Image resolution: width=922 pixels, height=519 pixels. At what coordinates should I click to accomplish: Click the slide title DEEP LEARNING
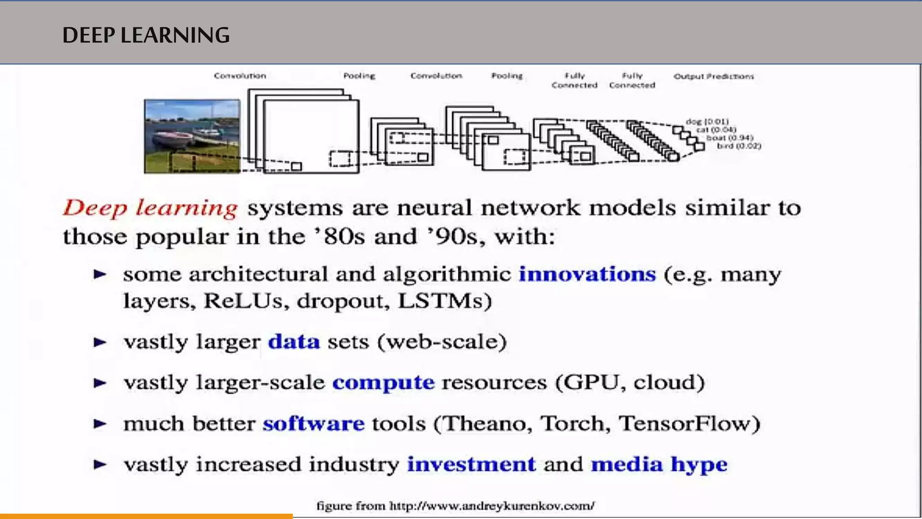point(146,35)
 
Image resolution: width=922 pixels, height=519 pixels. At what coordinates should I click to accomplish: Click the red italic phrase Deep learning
point(150,208)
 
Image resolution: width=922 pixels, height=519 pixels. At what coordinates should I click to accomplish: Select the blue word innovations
point(587,274)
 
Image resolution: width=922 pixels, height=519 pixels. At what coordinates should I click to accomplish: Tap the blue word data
point(294,341)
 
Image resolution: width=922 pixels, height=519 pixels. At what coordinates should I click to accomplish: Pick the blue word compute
point(384,382)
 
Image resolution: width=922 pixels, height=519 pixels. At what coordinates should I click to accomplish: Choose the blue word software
point(313,423)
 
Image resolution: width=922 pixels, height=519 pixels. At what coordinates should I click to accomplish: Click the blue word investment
point(471,464)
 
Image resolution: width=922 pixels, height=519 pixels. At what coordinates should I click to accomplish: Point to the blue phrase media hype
point(659,464)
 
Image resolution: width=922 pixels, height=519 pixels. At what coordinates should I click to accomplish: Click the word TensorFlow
point(685,423)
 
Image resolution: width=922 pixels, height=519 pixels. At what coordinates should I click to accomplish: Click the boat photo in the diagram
point(192,136)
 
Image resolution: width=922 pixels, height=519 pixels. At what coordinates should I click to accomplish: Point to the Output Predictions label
point(714,76)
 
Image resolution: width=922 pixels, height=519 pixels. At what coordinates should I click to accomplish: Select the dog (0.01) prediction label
point(707,122)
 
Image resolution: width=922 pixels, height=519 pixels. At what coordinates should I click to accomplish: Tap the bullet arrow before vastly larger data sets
point(100,342)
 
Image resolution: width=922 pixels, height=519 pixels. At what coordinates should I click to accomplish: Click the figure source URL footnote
point(456,505)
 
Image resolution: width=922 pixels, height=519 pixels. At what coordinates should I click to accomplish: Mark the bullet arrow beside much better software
point(100,423)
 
